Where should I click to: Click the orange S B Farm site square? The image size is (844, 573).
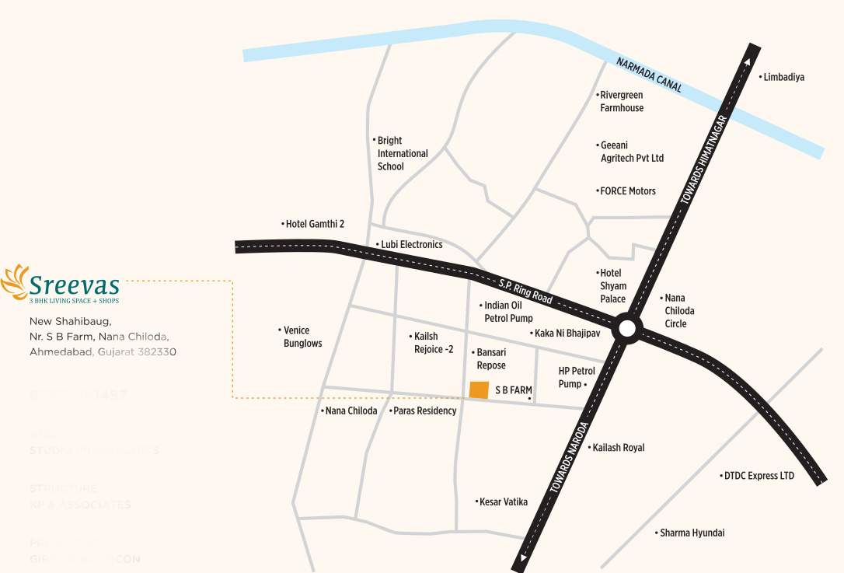tap(479, 390)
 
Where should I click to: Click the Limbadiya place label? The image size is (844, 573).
tap(783, 77)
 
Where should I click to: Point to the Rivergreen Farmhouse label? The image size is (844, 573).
tap(622, 102)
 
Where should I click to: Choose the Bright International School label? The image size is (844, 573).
tap(402, 153)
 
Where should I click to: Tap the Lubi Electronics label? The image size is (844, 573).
tap(410, 244)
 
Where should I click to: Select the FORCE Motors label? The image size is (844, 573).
tap(627, 191)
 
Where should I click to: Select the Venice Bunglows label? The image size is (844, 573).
tap(302, 337)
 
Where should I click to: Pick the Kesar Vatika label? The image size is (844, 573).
tap(503, 502)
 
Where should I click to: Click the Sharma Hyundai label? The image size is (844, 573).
tap(692, 533)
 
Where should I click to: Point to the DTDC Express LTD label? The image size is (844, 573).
tap(759, 476)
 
